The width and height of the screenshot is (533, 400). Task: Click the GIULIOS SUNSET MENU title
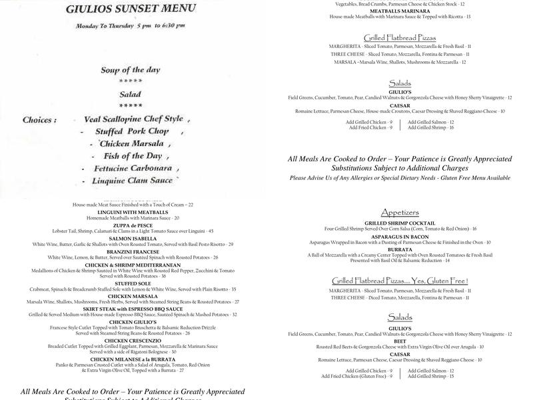coord(131,9)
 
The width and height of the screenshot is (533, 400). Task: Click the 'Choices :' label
coord(39,120)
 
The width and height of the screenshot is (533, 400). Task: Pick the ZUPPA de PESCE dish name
coord(132,225)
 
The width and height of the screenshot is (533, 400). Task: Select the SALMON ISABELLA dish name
coord(132,238)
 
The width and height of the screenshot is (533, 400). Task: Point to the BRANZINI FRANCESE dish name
coord(132,251)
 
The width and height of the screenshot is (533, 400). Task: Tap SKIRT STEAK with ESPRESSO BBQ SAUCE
coord(132,309)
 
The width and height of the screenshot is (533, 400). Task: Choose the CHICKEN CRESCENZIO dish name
coord(132,341)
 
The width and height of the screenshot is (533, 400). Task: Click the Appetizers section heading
coord(400,213)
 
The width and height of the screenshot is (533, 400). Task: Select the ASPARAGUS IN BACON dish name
coord(400,236)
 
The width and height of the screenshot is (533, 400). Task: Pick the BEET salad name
coord(400,341)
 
